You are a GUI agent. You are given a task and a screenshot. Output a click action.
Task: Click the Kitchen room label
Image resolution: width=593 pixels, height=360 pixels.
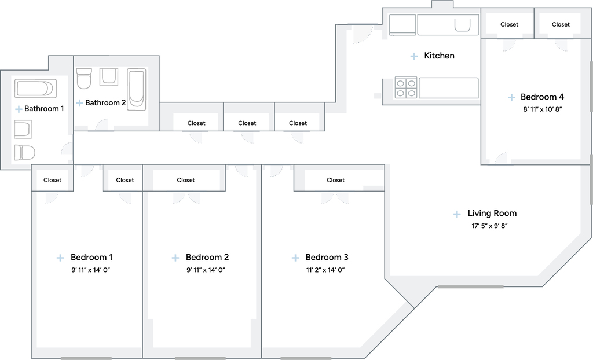pos(439,56)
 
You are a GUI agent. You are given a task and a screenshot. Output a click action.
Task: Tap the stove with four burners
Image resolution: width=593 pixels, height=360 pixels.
pos(406,87)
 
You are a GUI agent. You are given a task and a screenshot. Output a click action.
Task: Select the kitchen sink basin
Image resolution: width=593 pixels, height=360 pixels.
pos(462,24)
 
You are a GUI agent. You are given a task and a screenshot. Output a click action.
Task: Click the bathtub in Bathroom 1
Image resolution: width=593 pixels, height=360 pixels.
pos(35,89)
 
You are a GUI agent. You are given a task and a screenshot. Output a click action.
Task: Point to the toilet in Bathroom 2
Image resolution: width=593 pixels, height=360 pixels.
pos(84,78)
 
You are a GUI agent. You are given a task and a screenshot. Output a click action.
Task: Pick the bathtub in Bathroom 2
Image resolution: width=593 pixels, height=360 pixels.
pos(136,89)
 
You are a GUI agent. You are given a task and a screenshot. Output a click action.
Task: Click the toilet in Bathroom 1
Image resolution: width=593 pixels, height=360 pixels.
pos(24,152)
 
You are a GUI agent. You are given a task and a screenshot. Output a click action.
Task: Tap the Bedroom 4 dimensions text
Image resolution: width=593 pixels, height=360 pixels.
pos(542,109)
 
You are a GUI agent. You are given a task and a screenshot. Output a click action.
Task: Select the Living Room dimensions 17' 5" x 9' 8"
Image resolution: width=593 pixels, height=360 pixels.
pos(489,226)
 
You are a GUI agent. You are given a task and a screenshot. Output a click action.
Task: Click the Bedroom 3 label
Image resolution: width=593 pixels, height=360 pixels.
pos(327,257)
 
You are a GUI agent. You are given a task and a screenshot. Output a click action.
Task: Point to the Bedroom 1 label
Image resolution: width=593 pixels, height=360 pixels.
pos(91,257)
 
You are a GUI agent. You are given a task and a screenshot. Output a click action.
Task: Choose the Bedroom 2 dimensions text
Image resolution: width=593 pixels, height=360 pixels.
pos(206,270)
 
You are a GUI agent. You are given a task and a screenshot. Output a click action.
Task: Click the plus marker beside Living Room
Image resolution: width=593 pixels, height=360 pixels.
pos(457,214)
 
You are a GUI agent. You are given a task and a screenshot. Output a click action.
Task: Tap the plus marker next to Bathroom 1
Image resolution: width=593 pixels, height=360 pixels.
pos(18,109)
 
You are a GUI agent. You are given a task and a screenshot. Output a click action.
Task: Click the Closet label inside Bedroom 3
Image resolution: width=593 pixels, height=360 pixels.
pos(335,180)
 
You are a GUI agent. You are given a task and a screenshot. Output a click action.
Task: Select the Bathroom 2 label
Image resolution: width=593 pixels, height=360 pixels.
pos(105,102)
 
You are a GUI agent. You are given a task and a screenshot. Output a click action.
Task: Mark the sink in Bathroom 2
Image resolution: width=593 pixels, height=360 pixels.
pos(109,77)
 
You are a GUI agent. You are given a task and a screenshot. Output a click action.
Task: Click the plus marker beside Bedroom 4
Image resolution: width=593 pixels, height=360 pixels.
pos(511,98)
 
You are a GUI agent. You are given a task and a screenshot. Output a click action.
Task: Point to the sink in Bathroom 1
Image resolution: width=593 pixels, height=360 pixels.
pos(23,129)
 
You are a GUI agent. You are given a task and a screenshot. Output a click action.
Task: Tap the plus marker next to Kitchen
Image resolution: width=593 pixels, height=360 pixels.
pos(414,56)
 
